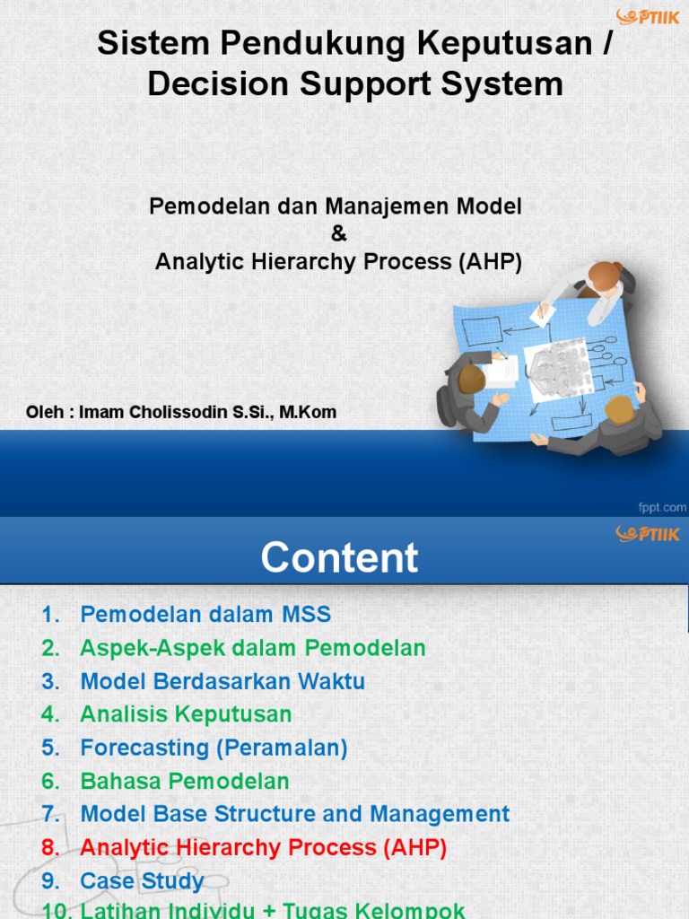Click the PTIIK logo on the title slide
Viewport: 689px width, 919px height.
pyautogui.click(x=647, y=16)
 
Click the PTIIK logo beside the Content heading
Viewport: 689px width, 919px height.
pyautogui.click(x=647, y=534)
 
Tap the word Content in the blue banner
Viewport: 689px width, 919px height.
pyautogui.click(x=339, y=557)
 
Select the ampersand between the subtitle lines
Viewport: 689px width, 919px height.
pyautogui.click(x=338, y=234)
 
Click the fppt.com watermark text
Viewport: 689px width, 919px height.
pyautogui.click(x=662, y=507)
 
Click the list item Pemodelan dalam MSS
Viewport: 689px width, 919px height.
pyautogui.click(x=205, y=615)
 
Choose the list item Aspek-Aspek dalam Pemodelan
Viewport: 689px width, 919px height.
pyautogui.click(x=252, y=648)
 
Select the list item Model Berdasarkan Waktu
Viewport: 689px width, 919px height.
pyautogui.click(x=222, y=681)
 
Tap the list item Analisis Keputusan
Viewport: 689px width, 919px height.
pyautogui.click(x=186, y=714)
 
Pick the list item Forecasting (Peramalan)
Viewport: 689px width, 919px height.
pyautogui.click(x=214, y=748)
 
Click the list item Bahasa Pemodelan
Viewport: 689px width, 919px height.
pyautogui.click(x=185, y=781)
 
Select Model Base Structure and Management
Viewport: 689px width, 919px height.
pyautogui.click(x=294, y=814)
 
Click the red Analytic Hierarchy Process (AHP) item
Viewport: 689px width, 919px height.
pyautogui.click(x=263, y=847)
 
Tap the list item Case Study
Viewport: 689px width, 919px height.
pyautogui.click(x=142, y=880)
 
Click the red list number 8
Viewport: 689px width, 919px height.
pyautogui.click(x=50, y=847)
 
